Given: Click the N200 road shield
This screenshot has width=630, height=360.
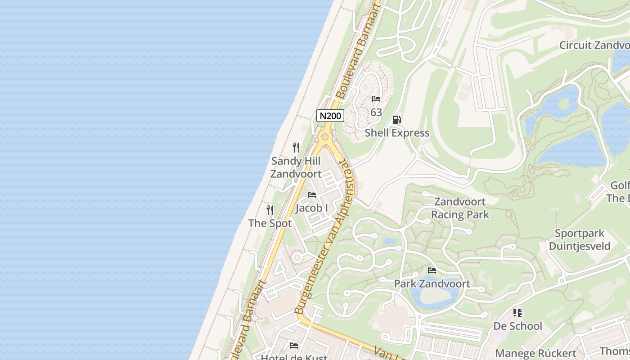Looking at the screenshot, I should pos(330,116).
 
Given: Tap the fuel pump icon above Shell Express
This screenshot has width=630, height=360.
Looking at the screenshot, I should pos(396,120).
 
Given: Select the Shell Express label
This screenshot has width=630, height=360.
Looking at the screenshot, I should pos(397,133).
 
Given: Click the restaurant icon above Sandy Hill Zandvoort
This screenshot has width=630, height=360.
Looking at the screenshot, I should pos(296,148).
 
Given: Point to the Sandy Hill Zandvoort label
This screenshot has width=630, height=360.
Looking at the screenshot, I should pos(296,167).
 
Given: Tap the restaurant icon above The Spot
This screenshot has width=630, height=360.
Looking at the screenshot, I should pos(270,210).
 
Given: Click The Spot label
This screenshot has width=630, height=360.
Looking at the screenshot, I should pos(270,223).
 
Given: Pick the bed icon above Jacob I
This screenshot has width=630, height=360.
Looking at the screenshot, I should pos(311,195).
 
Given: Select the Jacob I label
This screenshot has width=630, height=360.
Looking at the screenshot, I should pos(311,208).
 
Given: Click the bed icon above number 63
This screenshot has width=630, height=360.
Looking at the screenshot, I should pos(376,99).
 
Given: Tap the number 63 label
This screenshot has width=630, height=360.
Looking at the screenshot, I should pos(376,112).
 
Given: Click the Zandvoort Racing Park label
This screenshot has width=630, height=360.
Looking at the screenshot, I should pos(460,208).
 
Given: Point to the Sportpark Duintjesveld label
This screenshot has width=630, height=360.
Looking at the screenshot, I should pos(580,239).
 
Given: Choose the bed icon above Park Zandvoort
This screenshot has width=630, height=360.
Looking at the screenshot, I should pos(432,270).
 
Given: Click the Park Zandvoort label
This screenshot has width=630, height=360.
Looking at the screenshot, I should pos(432,283).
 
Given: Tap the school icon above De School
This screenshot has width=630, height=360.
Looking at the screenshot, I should pos(517,312).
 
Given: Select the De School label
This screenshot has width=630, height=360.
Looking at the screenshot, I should pos(517,325).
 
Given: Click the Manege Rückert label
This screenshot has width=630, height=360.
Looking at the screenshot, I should pos(535,353).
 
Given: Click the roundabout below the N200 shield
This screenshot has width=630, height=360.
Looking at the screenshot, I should pos(324,136).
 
